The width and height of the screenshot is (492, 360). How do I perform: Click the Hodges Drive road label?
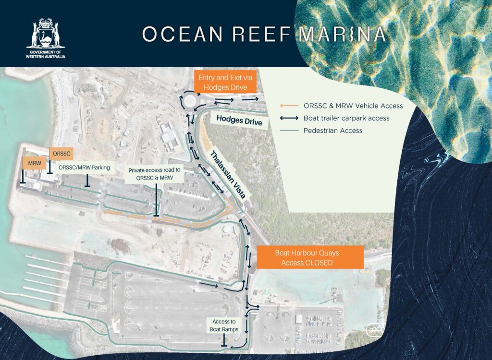239,121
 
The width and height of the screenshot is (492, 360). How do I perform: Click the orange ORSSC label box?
61,154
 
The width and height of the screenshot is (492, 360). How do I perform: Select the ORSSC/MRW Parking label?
84,168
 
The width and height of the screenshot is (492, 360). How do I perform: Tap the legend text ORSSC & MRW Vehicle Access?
353,106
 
